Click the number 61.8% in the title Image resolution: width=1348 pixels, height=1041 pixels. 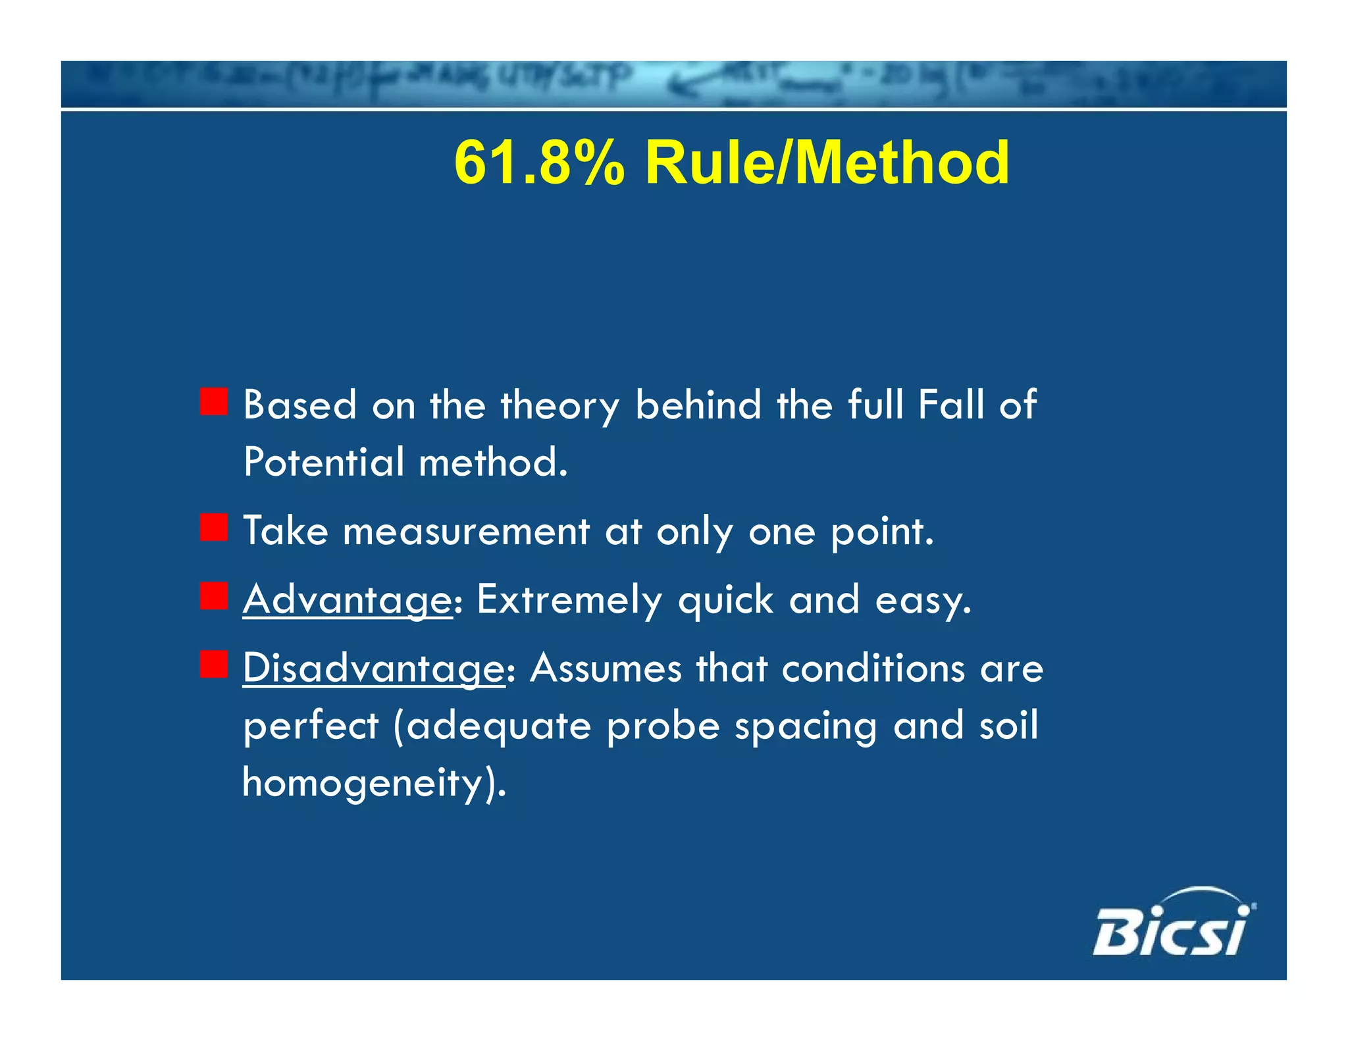click(539, 163)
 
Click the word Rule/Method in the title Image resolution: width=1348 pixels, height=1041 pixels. click(827, 163)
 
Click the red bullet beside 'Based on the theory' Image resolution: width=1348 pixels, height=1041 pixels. click(214, 401)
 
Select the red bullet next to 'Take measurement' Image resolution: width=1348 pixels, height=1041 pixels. click(214, 528)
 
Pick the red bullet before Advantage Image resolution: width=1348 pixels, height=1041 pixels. click(214, 596)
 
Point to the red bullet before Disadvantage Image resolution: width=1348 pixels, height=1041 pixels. click(214, 665)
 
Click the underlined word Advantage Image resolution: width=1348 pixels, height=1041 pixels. click(348, 600)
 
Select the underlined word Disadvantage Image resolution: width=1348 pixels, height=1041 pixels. click(373, 669)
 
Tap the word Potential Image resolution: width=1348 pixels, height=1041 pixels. click(323, 462)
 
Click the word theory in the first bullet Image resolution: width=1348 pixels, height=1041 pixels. click(559, 405)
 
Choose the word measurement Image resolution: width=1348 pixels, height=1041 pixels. click(466, 531)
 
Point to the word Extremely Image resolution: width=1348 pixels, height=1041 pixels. click(569, 600)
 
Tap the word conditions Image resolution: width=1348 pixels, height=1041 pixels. click(873, 669)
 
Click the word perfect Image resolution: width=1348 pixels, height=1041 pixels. click(311, 726)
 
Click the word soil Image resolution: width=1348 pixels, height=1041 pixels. click(1008, 725)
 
